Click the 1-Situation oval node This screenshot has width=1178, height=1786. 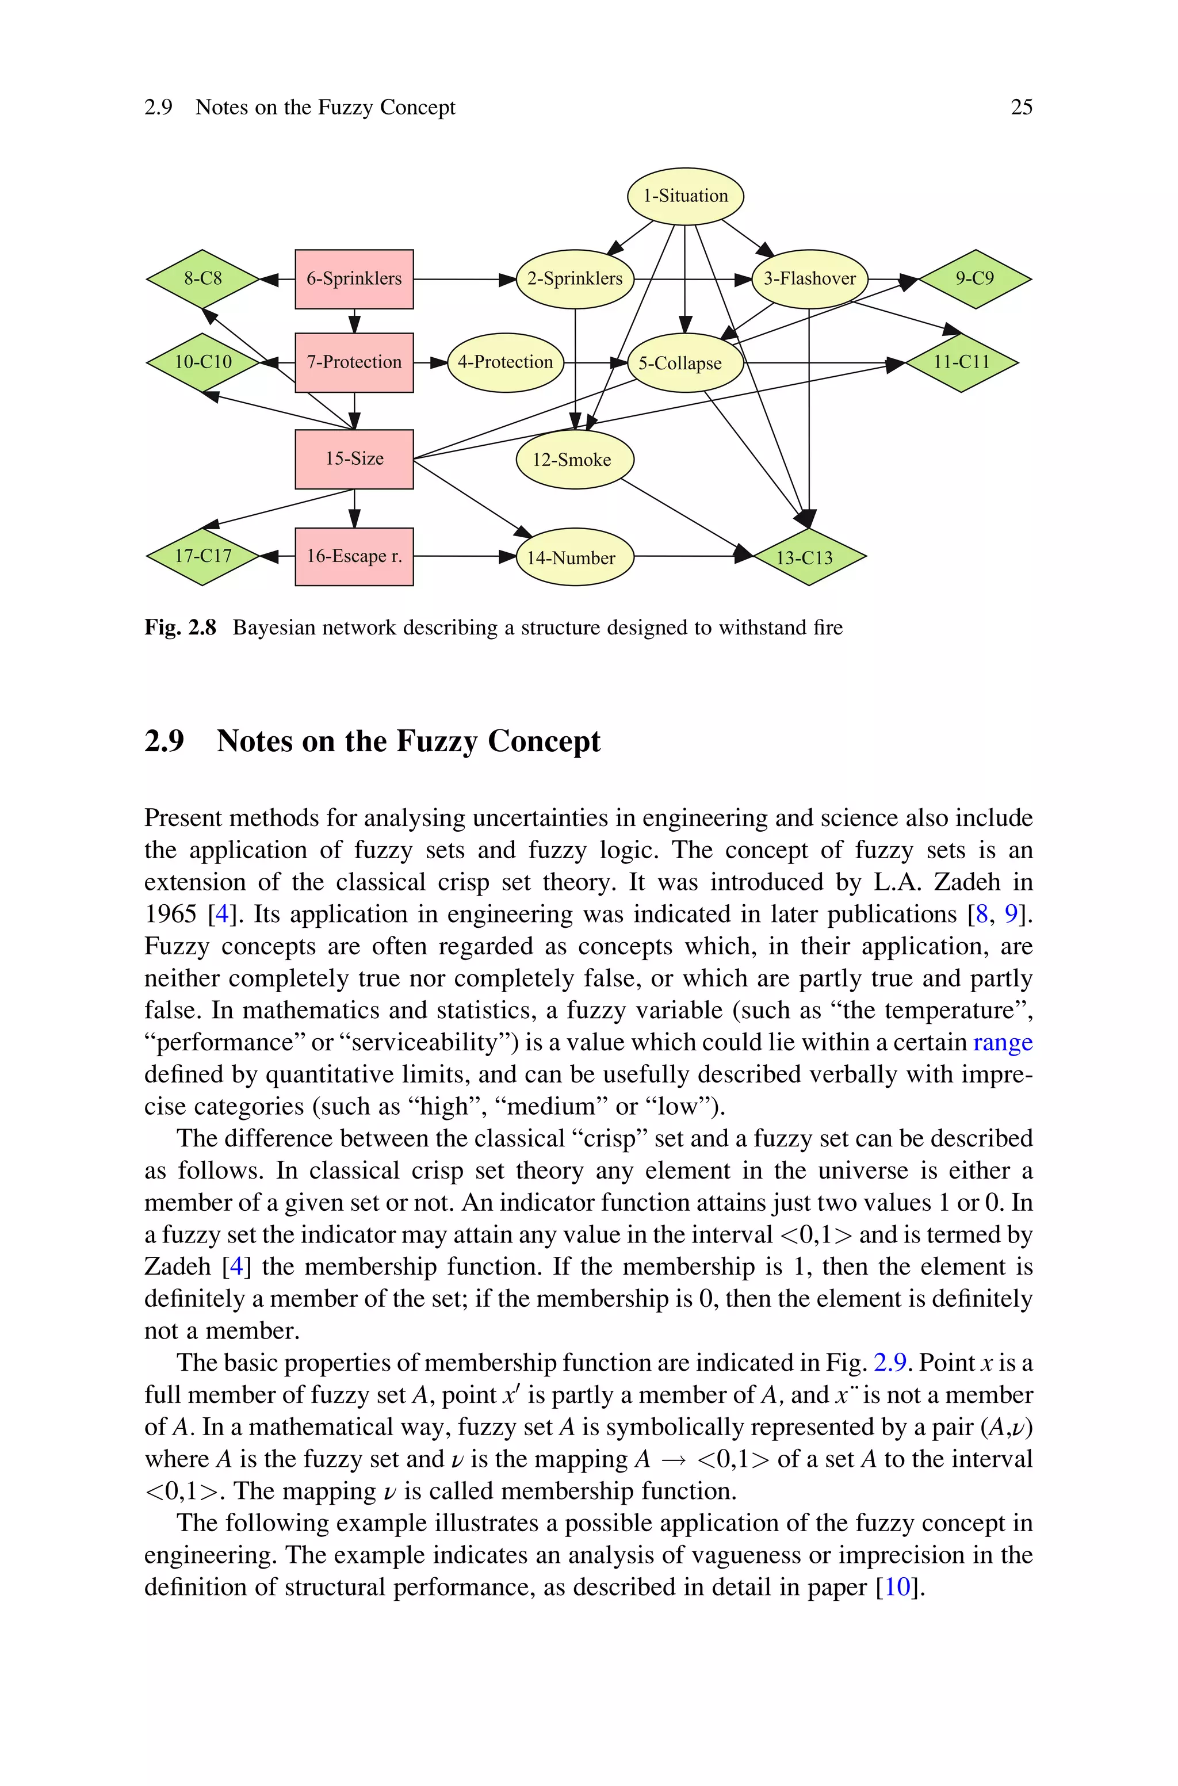coord(685,196)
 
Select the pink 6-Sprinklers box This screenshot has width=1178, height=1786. coord(354,278)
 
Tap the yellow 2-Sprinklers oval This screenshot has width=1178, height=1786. coord(575,278)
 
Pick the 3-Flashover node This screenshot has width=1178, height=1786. coord(809,278)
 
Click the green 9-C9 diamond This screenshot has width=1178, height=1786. coord(974,278)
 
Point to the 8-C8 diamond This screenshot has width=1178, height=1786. coord(203,278)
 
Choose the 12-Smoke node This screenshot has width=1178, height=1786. coord(575,459)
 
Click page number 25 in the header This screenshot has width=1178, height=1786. coord(1021,108)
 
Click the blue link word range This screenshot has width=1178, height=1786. coord(1002,1042)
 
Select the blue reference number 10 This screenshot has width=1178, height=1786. coord(897,1587)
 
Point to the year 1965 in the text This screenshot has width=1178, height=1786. coord(170,914)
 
